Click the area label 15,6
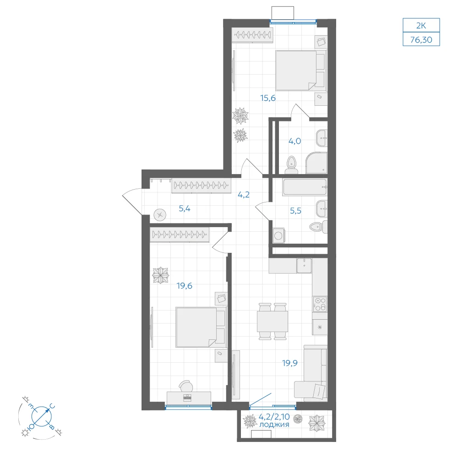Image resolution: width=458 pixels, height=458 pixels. click(268, 98)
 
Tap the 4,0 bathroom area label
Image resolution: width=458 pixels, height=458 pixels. click(294, 141)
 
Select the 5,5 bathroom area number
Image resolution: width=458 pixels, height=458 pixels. click(295, 211)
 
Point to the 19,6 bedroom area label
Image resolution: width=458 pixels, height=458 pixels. click(184, 286)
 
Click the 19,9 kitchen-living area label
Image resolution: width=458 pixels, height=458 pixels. click(290, 363)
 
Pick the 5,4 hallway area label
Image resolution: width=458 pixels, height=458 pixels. click(185, 208)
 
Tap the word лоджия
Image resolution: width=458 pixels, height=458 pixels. click(274, 425)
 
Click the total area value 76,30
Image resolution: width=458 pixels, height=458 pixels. click(421, 39)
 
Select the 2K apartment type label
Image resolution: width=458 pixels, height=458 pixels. click(421, 26)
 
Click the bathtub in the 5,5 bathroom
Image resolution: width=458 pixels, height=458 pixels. click(305, 187)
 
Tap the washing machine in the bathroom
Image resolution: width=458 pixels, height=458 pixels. click(278, 235)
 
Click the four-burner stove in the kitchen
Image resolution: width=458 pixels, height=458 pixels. click(320, 304)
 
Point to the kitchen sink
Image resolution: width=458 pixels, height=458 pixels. click(304, 266)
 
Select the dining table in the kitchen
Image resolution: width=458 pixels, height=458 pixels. click(273, 322)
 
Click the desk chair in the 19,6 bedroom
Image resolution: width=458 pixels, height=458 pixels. click(186, 386)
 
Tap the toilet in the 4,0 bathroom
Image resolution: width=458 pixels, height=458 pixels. click(291, 165)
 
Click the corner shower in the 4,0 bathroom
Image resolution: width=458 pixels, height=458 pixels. click(316, 163)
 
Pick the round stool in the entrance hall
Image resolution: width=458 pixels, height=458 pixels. click(160, 215)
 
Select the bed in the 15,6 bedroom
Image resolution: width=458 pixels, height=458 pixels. click(301, 71)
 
